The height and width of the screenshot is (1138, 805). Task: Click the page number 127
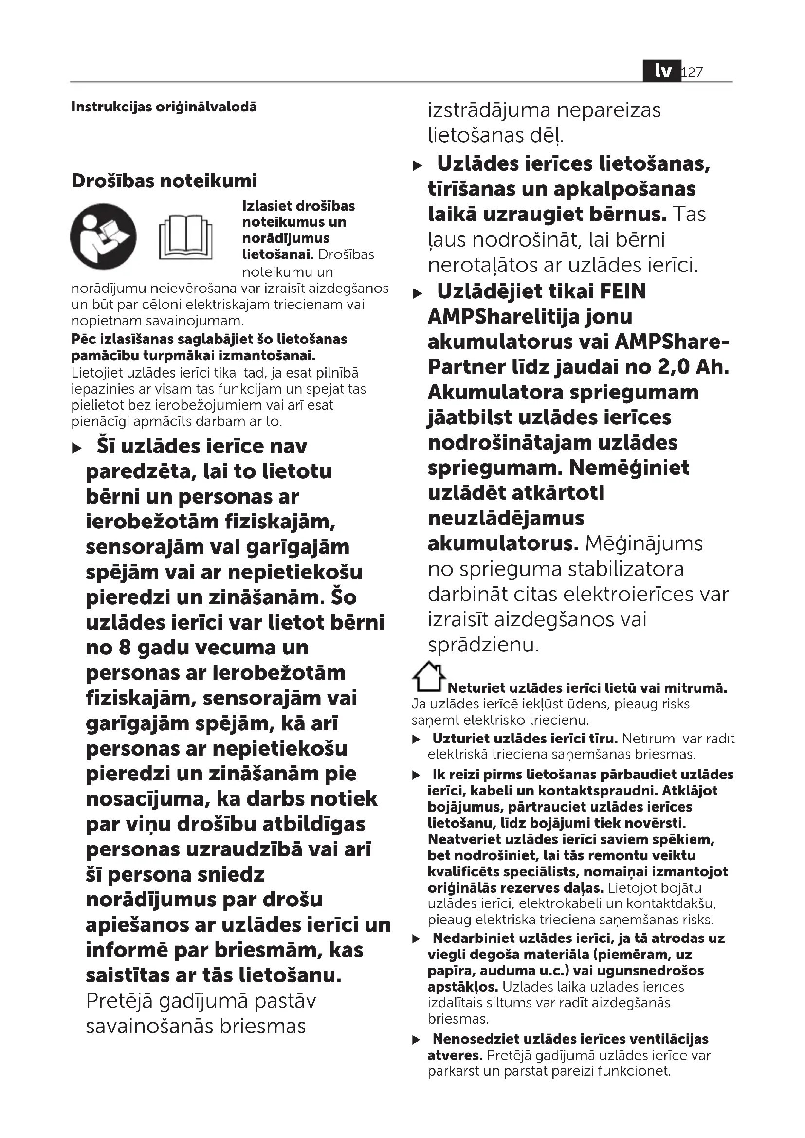point(693,72)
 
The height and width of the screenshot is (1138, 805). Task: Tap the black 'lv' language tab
point(662,72)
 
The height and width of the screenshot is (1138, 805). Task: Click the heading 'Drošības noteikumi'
point(164,181)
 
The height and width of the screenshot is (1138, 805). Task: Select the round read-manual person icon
point(103,236)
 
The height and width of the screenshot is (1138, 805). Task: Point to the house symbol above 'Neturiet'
point(428,677)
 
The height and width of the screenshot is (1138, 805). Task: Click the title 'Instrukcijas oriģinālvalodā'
point(164,107)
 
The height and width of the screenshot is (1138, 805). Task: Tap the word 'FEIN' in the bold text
point(622,291)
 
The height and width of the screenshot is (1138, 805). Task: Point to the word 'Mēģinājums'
point(644,544)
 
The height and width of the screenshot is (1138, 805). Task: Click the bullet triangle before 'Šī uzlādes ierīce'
point(77,449)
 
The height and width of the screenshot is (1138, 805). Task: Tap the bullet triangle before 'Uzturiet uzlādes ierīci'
point(417,740)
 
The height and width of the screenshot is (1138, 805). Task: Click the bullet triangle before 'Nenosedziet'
point(417,1040)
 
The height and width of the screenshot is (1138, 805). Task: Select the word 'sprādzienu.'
point(483,645)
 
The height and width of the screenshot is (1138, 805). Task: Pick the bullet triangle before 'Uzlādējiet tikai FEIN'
point(418,294)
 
